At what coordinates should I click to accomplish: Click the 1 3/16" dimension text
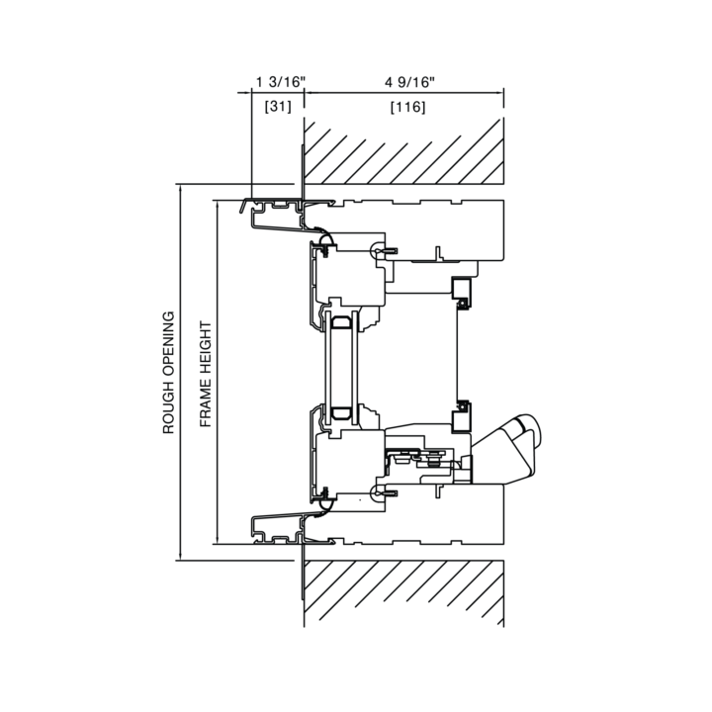[281, 82]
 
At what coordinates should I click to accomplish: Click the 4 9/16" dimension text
[409, 82]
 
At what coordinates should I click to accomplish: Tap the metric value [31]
[278, 107]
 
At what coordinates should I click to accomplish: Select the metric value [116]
[407, 107]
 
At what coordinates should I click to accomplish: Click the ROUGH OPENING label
[168, 373]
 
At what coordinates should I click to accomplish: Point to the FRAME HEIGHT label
[206, 374]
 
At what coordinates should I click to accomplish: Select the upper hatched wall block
[403, 151]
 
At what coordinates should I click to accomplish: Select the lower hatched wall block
[403, 593]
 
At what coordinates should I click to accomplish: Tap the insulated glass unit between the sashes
[341, 368]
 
